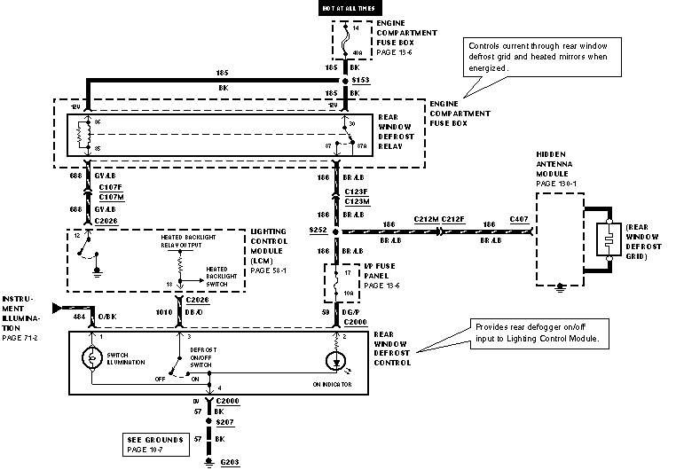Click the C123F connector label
(358, 191)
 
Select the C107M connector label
(111, 197)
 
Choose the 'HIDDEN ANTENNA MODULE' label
(557, 167)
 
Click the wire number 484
(79, 314)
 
